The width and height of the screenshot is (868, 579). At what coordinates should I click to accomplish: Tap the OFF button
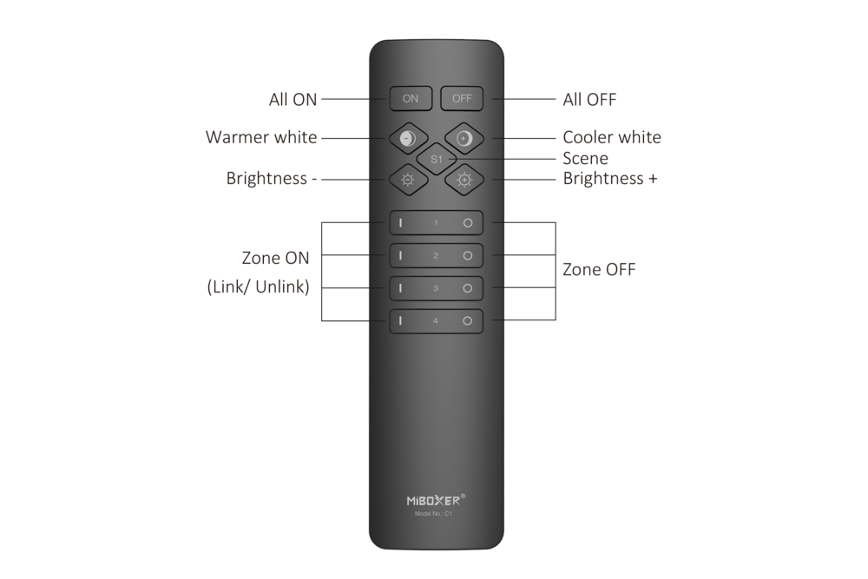click(x=461, y=98)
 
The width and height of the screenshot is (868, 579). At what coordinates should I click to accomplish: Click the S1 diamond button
click(x=436, y=159)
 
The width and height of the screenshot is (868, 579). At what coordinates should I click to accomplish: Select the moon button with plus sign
click(x=464, y=138)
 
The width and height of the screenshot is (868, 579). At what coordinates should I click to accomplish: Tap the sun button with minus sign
click(x=407, y=180)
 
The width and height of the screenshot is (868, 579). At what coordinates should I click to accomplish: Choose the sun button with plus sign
click(x=464, y=180)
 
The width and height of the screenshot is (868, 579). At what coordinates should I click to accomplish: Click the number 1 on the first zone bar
click(x=436, y=223)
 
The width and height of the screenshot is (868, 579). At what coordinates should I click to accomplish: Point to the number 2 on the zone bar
click(x=436, y=256)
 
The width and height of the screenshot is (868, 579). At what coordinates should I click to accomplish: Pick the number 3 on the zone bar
click(x=436, y=288)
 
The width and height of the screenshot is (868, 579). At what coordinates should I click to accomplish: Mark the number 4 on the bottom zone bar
click(x=436, y=320)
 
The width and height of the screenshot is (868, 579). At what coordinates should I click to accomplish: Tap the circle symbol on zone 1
click(x=467, y=223)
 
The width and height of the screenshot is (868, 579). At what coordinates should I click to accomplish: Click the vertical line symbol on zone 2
click(x=401, y=256)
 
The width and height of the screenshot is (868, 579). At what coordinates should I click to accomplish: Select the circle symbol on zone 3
click(x=467, y=288)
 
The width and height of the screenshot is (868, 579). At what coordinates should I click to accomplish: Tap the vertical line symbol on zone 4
click(x=401, y=320)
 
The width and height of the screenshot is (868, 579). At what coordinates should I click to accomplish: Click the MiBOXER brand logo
click(x=433, y=500)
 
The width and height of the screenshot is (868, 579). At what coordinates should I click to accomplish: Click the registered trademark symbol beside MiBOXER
click(x=463, y=497)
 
